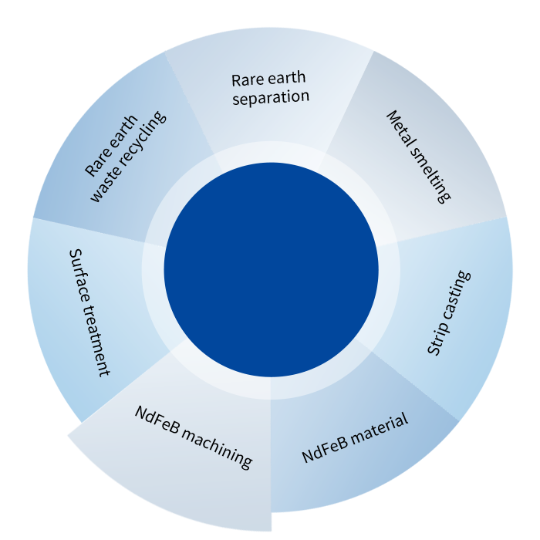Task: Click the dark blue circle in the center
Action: coord(271,269)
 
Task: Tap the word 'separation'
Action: coord(270,98)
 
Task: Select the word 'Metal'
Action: coord(400,131)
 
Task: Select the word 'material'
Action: coord(378,427)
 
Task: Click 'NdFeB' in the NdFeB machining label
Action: coord(159,417)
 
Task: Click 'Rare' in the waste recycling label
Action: coord(96,160)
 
